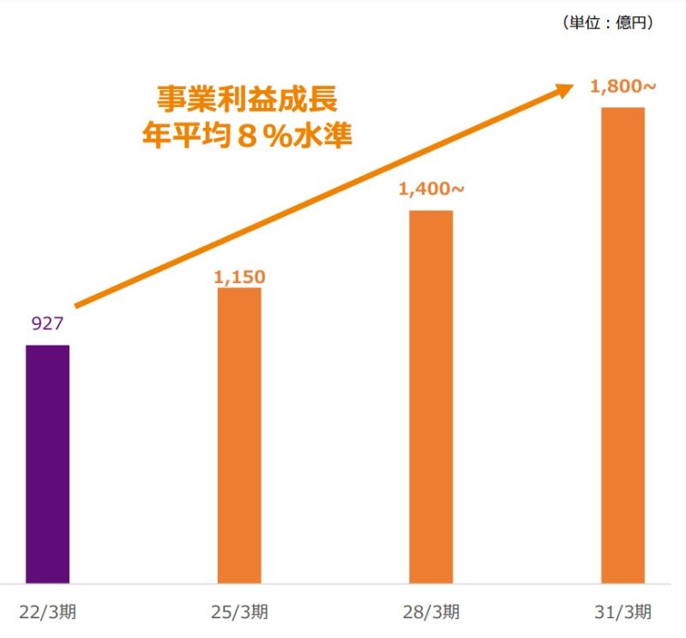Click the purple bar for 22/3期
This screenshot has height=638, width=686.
tap(48, 464)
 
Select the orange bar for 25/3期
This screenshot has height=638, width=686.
tap(239, 436)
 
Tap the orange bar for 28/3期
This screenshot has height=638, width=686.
tap(431, 397)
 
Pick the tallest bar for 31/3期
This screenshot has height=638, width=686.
tap(623, 346)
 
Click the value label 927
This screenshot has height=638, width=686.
tap(48, 323)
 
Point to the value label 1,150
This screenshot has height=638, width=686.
tap(239, 277)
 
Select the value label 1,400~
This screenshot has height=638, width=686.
tap(431, 189)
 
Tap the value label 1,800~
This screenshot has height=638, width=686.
tap(623, 87)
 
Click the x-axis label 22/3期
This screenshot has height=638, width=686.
tap(48, 611)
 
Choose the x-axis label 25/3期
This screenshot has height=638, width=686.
tap(239, 611)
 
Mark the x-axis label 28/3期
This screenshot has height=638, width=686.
tap(431, 611)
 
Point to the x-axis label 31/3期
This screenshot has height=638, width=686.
tap(623, 611)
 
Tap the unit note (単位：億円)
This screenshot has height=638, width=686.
tap(608, 22)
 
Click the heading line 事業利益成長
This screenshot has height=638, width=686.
tap(247, 99)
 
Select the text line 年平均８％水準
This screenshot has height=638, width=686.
tap(247, 135)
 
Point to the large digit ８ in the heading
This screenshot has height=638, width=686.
tap(248, 135)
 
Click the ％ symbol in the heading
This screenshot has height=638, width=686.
tap(276, 135)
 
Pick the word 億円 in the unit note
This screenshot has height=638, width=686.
tap(631, 22)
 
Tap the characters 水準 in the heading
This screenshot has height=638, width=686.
tap(322, 135)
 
